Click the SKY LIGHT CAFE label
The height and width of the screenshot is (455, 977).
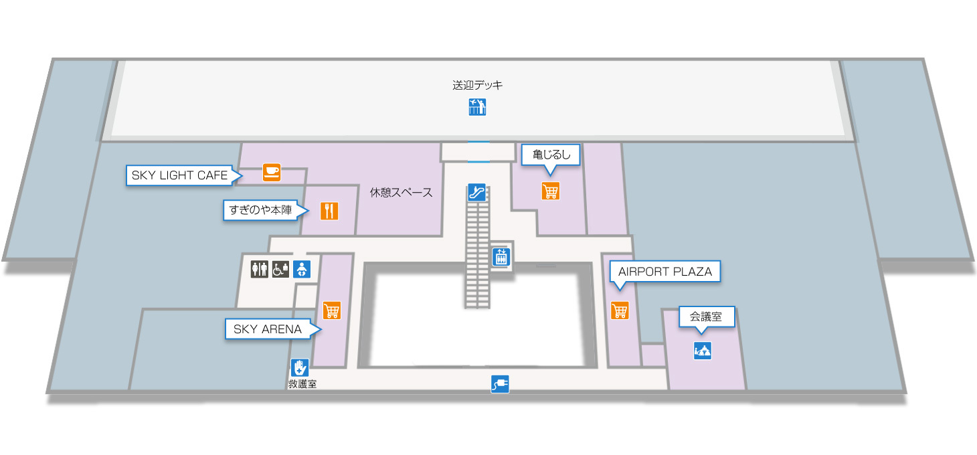[x=179, y=175]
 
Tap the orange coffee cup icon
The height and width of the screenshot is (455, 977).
[x=271, y=172]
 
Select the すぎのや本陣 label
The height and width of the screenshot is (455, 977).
[x=262, y=211]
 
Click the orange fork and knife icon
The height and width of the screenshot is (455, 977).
[x=329, y=211]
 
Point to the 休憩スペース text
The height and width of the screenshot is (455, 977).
[x=402, y=193]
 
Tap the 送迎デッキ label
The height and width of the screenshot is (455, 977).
[x=477, y=85]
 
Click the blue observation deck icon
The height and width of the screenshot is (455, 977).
[x=477, y=106]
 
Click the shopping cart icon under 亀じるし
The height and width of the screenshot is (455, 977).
[x=550, y=191]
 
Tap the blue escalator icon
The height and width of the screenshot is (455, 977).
[x=476, y=193]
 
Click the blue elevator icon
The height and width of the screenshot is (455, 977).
[x=501, y=256]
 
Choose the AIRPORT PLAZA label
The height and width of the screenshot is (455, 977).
[x=664, y=272]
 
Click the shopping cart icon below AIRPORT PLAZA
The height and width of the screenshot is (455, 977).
[x=620, y=310]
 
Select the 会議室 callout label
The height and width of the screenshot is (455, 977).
[x=707, y=316]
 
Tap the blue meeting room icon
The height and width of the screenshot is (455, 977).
[x=702, y=350]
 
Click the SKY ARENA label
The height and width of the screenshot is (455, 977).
[x=268, y=329]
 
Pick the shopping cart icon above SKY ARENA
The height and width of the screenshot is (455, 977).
[x=332, y=310]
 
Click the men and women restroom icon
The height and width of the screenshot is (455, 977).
[x=259, y=269]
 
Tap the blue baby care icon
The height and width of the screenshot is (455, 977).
[x=302, y=269]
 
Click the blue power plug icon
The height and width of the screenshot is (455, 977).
[x=500, y=384]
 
